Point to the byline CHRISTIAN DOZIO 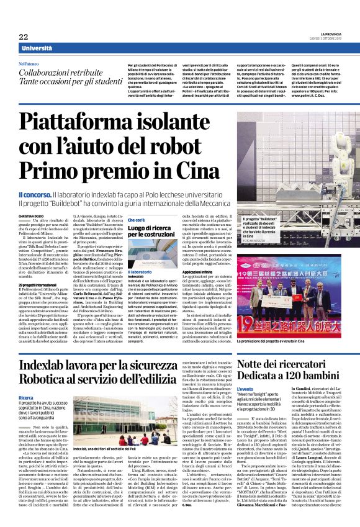[x=32, y=215]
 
